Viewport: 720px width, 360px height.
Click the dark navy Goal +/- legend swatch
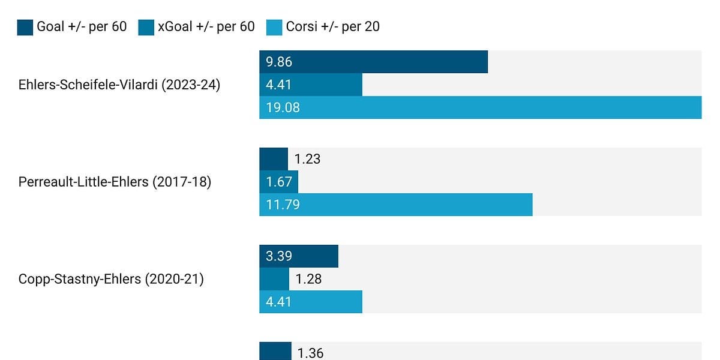(25, 27)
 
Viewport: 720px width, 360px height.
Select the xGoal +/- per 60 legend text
(206, 27)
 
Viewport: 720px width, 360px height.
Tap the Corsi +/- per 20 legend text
(332, 27)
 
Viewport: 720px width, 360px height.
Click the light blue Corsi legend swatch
(274, 27)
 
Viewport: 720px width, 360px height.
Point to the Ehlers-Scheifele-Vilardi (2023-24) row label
(119, 85)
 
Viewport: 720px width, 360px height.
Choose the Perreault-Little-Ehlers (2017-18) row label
(115, 182)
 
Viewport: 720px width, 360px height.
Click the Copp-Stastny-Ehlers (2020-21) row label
(111, 279)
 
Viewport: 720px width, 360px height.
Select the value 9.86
(279, 62)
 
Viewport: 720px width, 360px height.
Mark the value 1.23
(307, 159)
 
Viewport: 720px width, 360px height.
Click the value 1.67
(279, 182)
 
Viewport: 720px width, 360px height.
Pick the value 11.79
(283, 205)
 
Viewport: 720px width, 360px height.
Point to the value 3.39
(279, 256)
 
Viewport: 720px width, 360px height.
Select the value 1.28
(308, 279)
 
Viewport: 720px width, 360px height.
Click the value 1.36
(311, 353)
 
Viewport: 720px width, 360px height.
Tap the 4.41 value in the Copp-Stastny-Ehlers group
(279, 302)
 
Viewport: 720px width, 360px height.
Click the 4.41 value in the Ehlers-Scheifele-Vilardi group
(279, 85)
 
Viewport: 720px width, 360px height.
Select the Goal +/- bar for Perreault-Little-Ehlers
(274, 159)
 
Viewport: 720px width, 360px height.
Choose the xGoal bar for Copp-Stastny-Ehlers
(274, 279)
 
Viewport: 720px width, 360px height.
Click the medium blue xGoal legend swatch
(146, 27)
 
